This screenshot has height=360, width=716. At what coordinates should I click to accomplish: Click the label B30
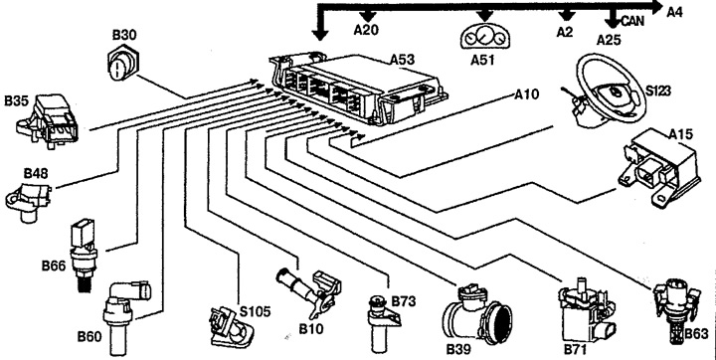click(124, 35)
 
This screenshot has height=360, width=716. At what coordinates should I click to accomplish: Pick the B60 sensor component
click(127, 297)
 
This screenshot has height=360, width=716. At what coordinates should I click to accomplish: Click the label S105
click(256, 312)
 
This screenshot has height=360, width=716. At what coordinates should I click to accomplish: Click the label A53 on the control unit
click(401, 60)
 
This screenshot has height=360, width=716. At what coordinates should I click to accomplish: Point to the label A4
click(675, 11)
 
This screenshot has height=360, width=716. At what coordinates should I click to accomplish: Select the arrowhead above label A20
click(368, 15)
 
